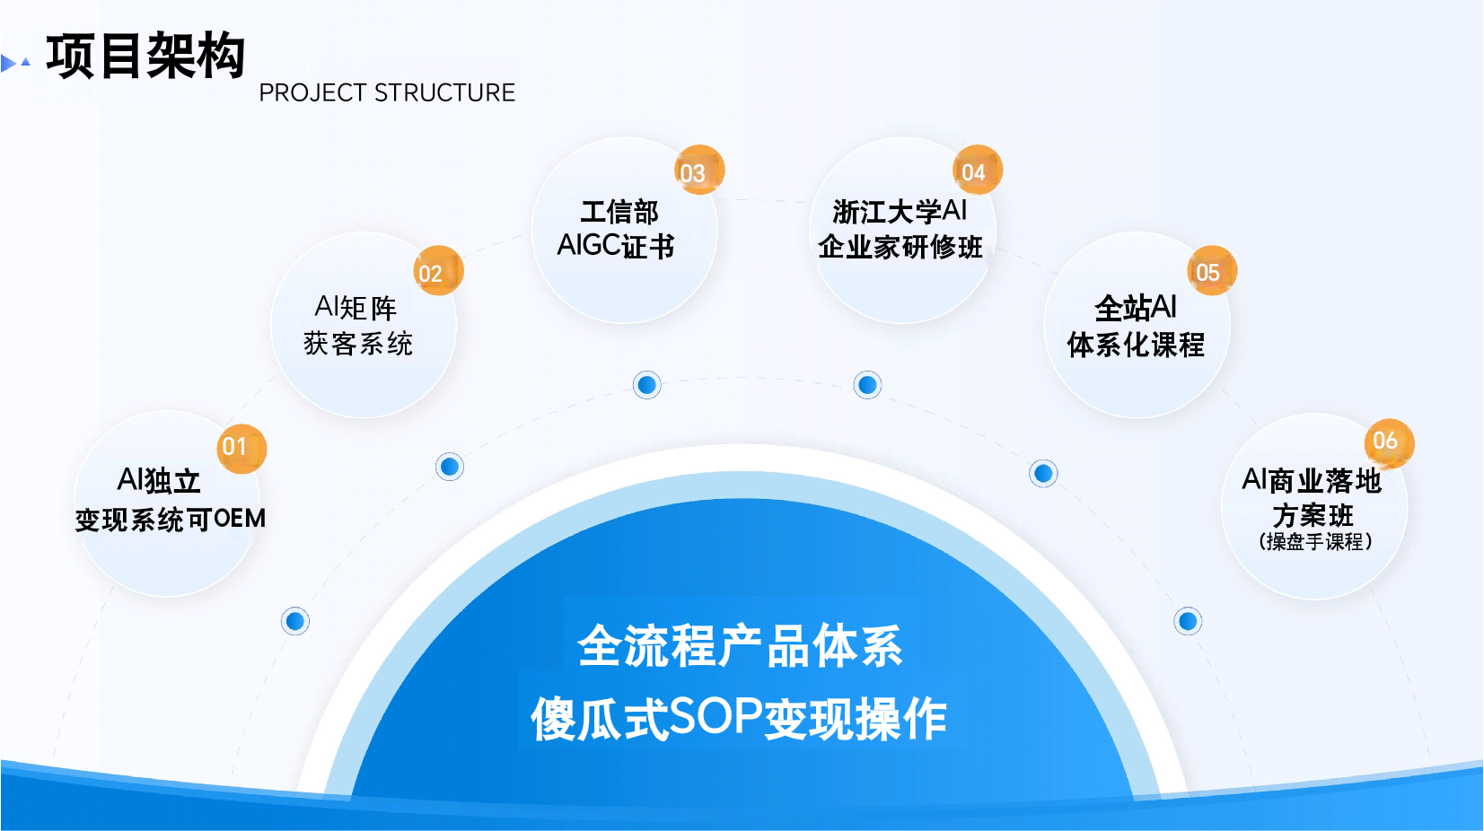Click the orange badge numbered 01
click(x=241, y=447)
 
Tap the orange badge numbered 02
click(x=438, y=271)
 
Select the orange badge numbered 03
click(x=698, y=171)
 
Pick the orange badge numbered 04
click(x=976, y=170)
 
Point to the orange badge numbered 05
click(x=1211, y=270)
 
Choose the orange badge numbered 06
click(x=1388, y=442)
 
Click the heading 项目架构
click(x=145, y=56)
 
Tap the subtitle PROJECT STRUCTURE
click(x=387, y=92)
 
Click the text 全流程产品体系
click(x=741, y=645)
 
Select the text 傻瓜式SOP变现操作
click(x=739, y=718)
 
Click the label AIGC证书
click(x=616, y=246)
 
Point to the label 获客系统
click(x=358, y=343)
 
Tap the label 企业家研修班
click(x=900, y=247)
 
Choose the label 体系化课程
click(x=1136, y=345)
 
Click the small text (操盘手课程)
click(x=1315, y=541)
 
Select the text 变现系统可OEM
click(x=170, y=519)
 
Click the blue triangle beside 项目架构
click(x=9, y=63)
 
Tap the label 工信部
click(x=619, y=212)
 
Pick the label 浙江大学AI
click(x=900, y=212)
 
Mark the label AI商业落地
click(x=1312, y=481)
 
